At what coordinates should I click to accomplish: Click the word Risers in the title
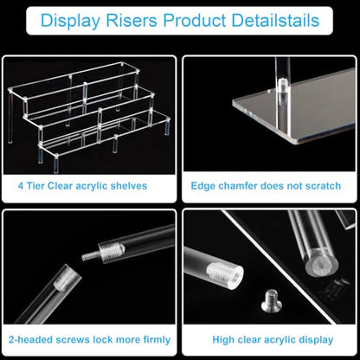(x=132, y=21)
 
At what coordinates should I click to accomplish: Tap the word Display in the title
(x=70, y=21)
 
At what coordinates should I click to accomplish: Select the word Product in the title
(x=195, y=21)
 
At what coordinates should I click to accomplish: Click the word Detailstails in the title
(x=275, y=21)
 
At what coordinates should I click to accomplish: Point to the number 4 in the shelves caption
(x=21, y=186)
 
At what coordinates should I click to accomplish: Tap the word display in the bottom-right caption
(x=316, y=340)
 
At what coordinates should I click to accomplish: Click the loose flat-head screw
(x=271, y=300)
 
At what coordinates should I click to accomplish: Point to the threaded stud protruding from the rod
(x=90, y=255)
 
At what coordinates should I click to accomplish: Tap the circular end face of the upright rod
(x=322, y=265)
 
